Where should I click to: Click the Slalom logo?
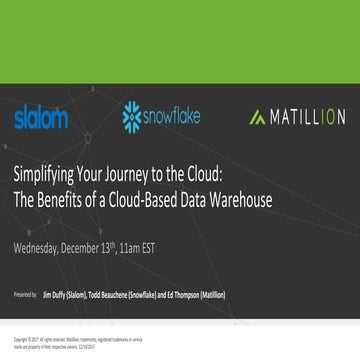click(41, 118)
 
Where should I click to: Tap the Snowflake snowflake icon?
click(131, 116)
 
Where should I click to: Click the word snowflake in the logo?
click(171, 116)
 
